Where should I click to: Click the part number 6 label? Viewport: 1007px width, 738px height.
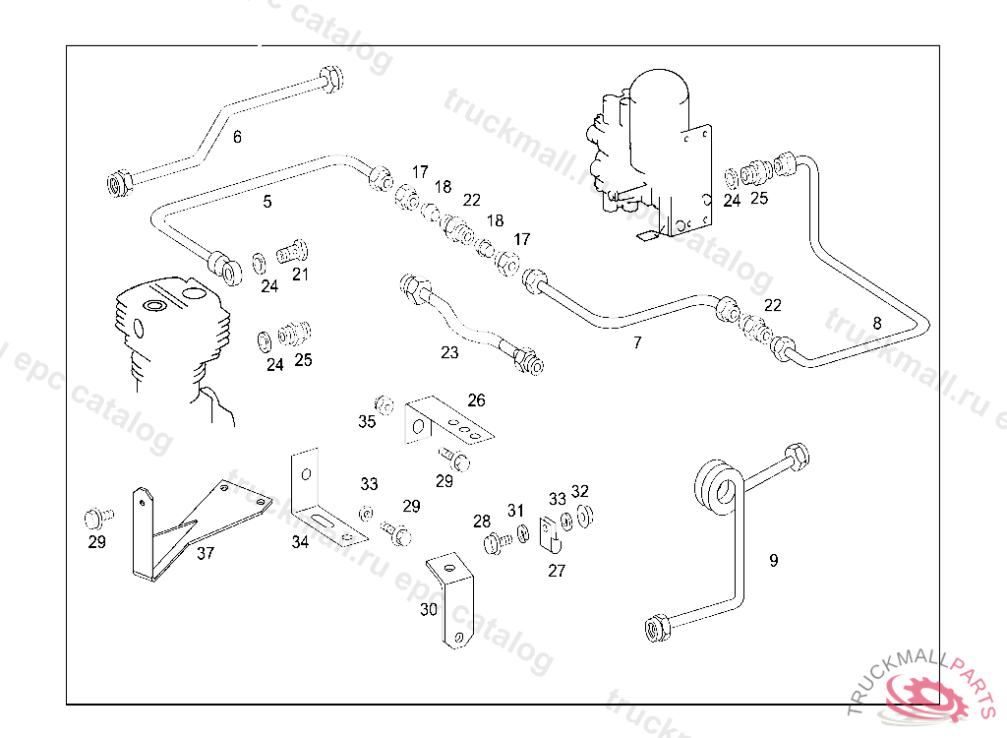237,138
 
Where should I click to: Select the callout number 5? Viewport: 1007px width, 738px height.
267,202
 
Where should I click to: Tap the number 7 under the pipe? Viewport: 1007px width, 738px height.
637,342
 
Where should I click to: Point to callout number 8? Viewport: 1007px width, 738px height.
877,322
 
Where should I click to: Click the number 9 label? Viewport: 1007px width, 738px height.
774,560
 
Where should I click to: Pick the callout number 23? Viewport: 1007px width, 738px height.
449,352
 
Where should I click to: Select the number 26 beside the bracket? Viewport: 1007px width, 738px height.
476,400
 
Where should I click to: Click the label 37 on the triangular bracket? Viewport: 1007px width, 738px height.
205,553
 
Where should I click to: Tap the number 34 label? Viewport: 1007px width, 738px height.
300,541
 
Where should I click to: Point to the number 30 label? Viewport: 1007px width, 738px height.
429,609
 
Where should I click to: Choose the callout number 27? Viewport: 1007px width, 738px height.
557,571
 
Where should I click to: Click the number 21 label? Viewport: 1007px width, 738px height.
300,275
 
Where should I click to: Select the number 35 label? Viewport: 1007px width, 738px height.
367,422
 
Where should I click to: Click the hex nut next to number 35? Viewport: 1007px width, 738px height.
385,404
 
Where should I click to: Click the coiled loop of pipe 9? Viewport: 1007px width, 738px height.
715,487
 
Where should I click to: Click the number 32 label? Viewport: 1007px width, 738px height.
580,491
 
